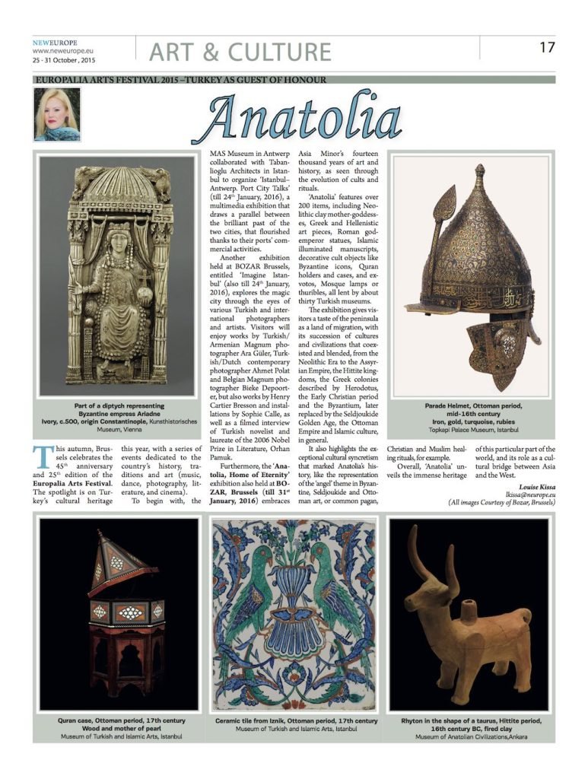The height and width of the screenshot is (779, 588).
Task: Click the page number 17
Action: [x=547, y=47]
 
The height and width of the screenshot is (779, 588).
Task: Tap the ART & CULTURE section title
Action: [x=240, y=52]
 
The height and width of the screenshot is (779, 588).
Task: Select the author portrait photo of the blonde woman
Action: [x=57, y=114]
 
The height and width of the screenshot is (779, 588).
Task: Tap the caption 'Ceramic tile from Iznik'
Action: [x=296, y=720]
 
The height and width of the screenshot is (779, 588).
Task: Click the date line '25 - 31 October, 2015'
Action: [x=64, y=59]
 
